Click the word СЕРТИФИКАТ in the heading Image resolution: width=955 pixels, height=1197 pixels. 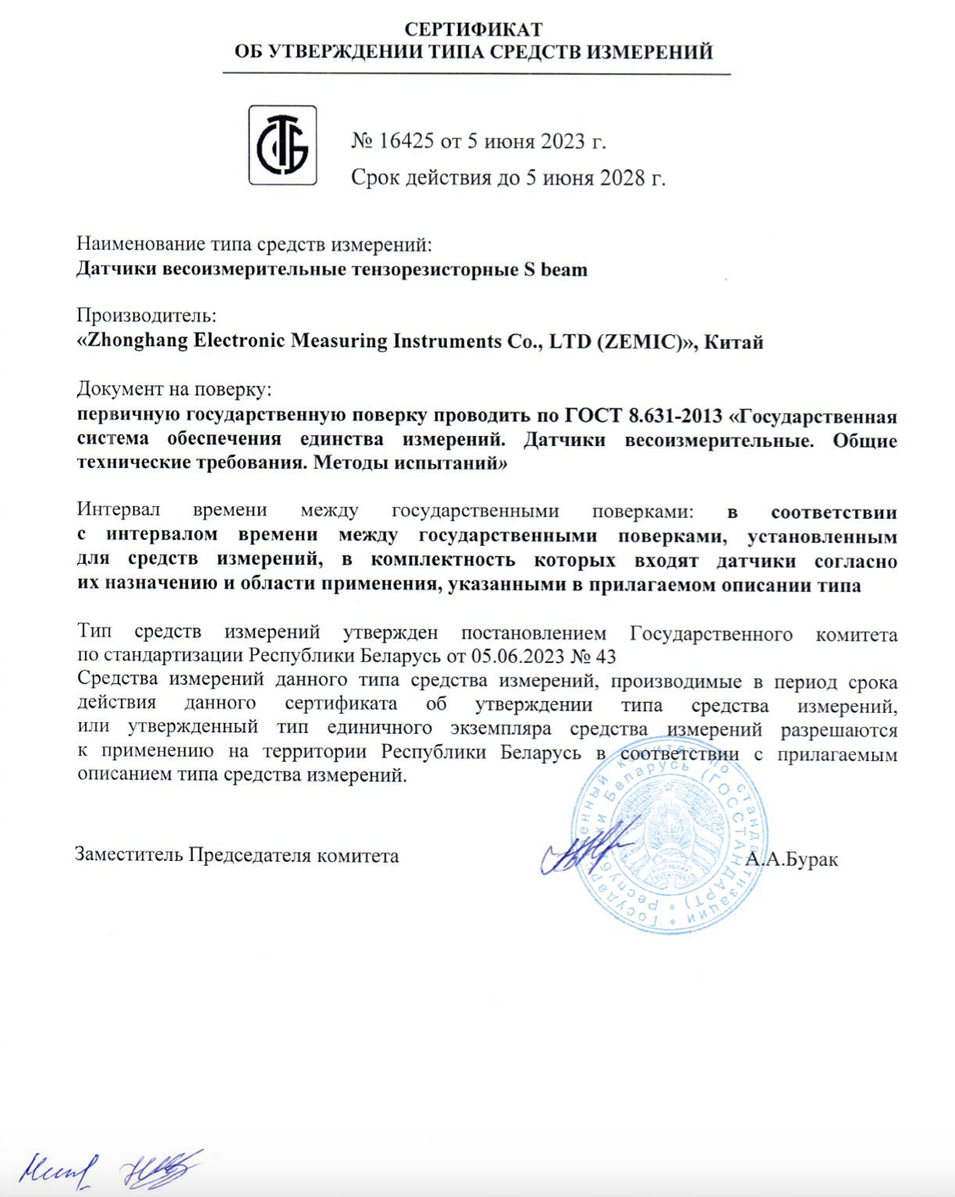pyautogui.click(x=473, y=30)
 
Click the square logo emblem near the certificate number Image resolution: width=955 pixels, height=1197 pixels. pyautogui.click(x=282, y=145)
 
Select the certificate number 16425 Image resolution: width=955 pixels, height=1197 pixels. pyautogui.click(x=406, y=141)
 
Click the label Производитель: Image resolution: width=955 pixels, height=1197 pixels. pyautogui.click(x=146, y=316)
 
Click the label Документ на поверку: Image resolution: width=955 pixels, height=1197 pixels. pyautogui.click(x=174, y=389)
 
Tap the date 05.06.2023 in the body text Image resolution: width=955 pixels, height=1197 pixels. pyautogui.click(x=517, y=656)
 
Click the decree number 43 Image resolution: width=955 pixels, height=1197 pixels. pyautogui.click(x=606, y=656)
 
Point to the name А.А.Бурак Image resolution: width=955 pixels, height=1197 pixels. pyautogui.click(x=792, y=860)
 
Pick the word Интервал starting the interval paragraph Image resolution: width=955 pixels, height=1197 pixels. pyautogui.click(x=118, y=511)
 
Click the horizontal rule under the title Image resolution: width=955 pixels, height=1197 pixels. pyautogui.click(x=476, y=74)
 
